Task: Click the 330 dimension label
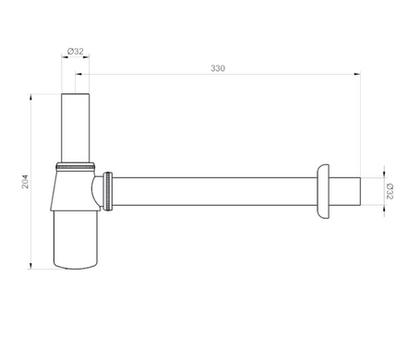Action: (218, 68)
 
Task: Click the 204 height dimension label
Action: (25, 182)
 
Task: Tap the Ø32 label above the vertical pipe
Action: (76, 51)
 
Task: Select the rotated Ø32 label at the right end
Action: (390, 191)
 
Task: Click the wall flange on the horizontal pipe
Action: (323, 191)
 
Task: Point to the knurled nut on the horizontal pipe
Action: (108, 191)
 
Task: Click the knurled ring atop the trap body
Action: (76, 166)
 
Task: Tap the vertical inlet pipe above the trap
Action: (76, 127)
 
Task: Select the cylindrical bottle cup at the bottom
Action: (76, 239)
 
